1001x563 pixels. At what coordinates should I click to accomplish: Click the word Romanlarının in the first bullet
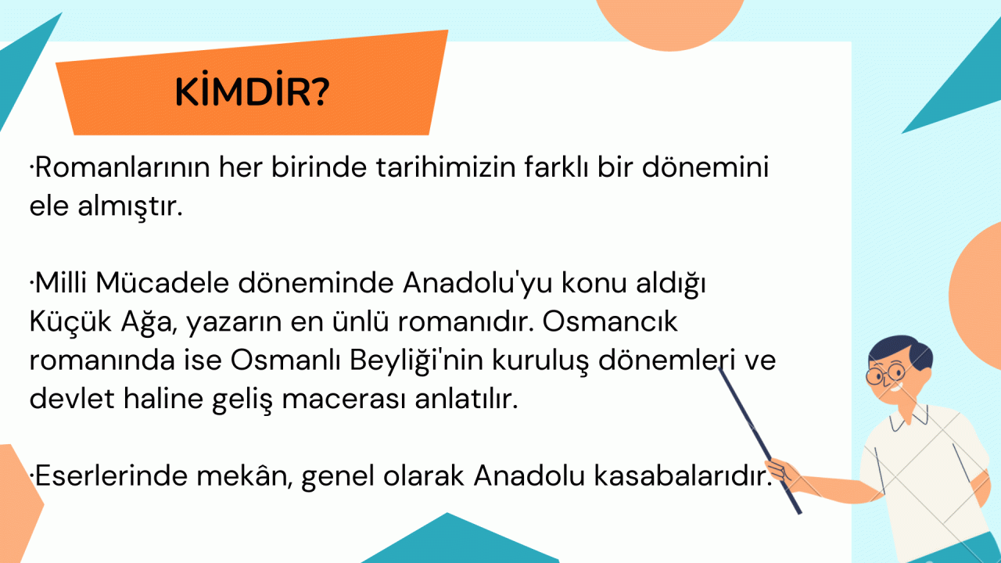coord(122,167)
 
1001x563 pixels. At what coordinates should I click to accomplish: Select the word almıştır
coord(130,206)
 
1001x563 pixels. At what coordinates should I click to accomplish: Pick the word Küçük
coord(70,321)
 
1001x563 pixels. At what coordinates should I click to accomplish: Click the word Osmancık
coord(610,321)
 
